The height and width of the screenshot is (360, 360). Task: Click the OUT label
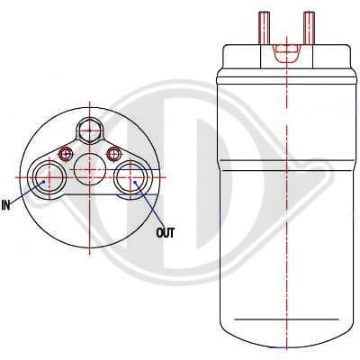[165, 233]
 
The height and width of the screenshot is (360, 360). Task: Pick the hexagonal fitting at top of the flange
[90, 130]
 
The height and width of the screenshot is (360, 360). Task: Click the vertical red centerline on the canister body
[287, 225]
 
